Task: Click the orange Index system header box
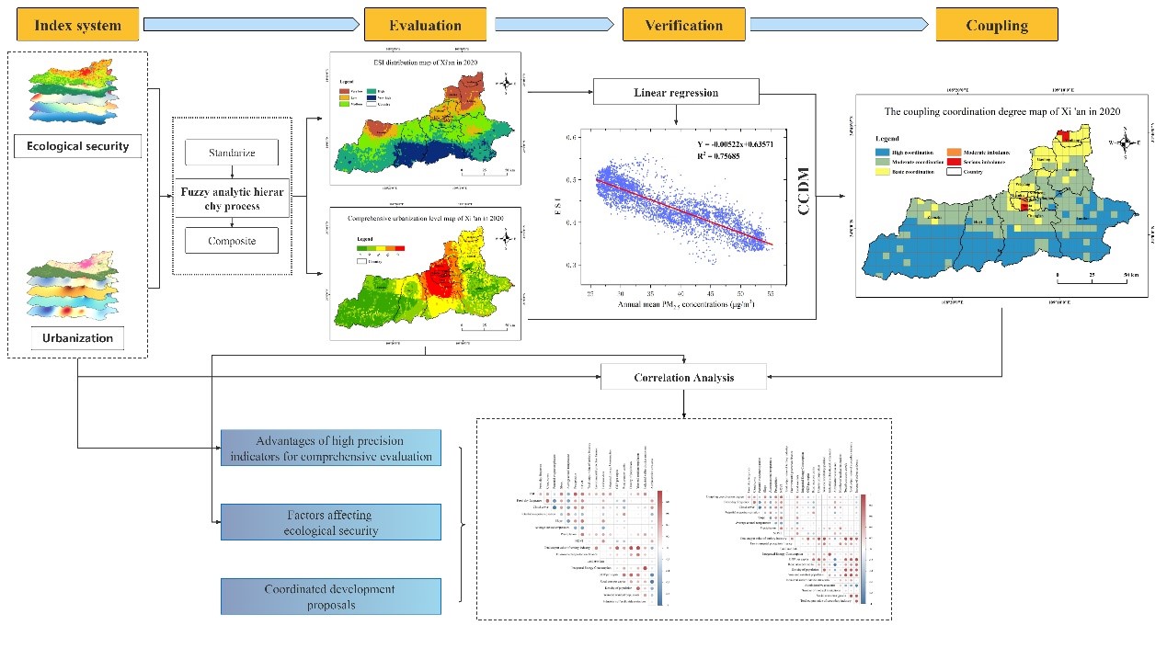tap(77, 25)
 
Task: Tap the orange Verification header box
tap(681, 25)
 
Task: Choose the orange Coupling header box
tap(997, 25)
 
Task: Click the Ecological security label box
tap(78, 145)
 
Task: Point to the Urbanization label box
tap(77, 338)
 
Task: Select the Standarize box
tap(231, 153)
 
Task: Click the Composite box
tap(231, 242)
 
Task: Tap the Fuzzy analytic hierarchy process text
tap(231, 197)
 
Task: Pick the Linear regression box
tap(676, 93)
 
